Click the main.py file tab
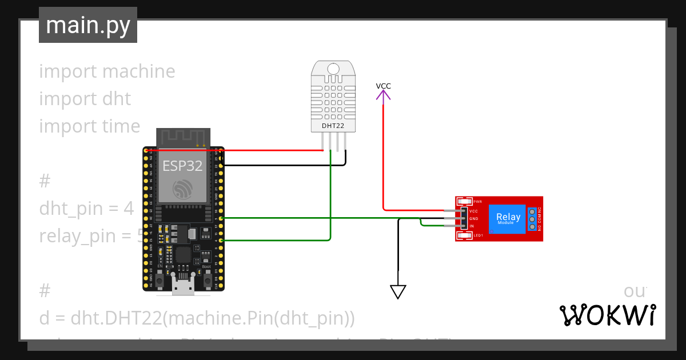click(x=87, y=25)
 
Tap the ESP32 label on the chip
click(x=182, y=166)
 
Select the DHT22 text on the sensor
click(x=333, y=126)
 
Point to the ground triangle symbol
click(x=398, y=291)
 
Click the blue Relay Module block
click(x=508, y=219)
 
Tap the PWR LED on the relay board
click(x=464, y=202)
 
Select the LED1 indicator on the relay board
click(x=464, y=235)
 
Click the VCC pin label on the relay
click(x=473, y=211)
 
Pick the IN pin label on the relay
click(x=472, y=226)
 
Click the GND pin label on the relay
click(x=473, y=218)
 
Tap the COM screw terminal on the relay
click(x=532, y=219)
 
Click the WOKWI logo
click(x=607, y=315)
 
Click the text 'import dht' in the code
click(x=85, y=99)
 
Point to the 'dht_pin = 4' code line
click(x=86, y=209)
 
